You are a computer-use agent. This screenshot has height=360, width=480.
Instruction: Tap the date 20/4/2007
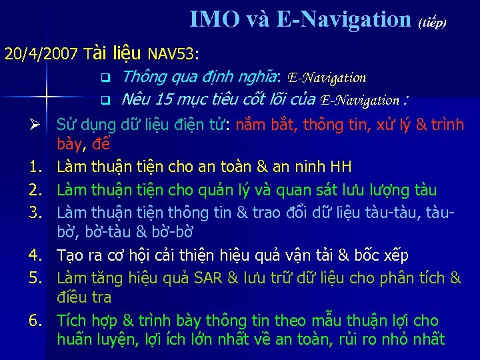click(43, 53)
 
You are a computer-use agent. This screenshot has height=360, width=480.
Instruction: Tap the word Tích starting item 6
click(73, 321)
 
